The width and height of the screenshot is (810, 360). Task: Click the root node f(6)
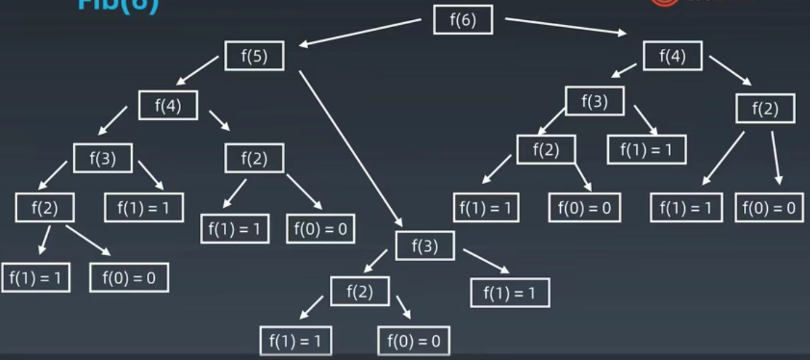463,20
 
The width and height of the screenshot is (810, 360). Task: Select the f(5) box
254,56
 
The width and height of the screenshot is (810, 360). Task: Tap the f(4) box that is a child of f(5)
168,105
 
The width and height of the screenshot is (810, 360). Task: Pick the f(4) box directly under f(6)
672,56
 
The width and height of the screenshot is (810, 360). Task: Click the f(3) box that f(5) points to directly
425,246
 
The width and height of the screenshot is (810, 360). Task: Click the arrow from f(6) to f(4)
566,26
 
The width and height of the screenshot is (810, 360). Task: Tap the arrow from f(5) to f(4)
197,71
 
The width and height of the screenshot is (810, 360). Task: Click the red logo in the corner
663,2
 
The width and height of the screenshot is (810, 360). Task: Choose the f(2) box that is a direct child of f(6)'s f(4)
765,109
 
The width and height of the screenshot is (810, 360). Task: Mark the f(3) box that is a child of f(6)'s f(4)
595,101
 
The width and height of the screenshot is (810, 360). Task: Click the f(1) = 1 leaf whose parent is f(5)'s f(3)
510,293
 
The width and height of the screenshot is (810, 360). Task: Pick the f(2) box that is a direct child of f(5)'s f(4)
254,158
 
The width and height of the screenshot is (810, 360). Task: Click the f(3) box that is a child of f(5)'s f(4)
102,158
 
